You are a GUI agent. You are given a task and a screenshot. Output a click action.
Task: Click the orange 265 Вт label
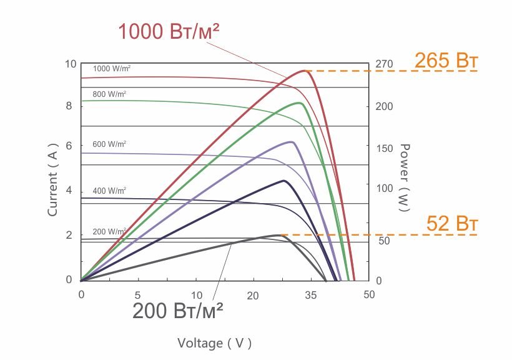tap(446, 61)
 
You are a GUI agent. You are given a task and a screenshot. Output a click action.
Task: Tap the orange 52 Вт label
tap(452, 223)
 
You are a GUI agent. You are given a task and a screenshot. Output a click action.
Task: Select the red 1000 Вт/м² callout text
tap(169, 31)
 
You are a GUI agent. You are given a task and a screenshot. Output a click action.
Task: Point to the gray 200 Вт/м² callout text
tap(178, 310)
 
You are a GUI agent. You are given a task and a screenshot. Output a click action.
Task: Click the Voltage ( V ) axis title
tap(214, 342)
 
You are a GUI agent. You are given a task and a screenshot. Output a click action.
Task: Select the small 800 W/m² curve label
tap(109, 94)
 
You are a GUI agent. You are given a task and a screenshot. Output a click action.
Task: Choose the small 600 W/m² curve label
tap(109, 144)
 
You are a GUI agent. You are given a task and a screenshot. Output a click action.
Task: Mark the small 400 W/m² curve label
tap(109, 189)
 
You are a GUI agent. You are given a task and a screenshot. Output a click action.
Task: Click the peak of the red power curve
tap(305, 71)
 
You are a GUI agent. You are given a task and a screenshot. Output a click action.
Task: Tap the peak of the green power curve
tap(299, 103)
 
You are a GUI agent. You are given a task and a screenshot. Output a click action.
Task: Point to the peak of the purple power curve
tap(291, 142)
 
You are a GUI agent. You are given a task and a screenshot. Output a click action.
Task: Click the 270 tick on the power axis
tap(383, 64)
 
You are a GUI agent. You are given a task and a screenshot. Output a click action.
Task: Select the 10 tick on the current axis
tap(69, 64)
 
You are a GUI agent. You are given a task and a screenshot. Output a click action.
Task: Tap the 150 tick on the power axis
tap(383, 148)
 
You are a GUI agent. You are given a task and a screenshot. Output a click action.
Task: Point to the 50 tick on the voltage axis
tap(369, 294)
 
